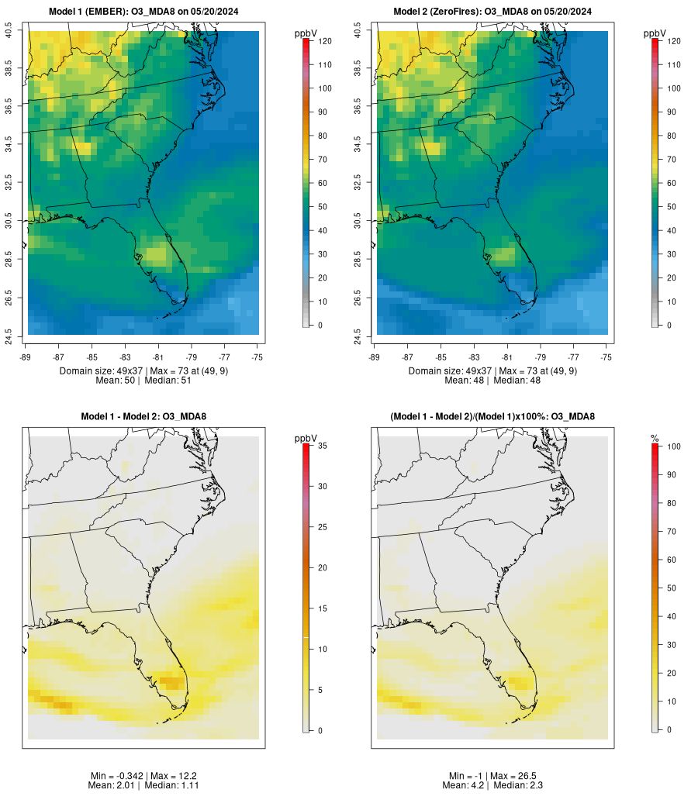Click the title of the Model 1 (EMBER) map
[x=143, y=12]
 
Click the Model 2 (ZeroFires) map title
[x=492, y=12]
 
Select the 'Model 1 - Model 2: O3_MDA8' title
[x=143, y=417]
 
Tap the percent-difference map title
[x=492, y=417]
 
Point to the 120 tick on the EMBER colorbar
[x=324, y=41]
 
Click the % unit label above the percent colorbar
[x=655, y=439]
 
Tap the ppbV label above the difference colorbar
[x=306, y=439]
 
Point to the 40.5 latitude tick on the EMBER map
[x=9, y=32]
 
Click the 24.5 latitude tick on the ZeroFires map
[x=358, y=336]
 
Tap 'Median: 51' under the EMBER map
[x=167, y=381]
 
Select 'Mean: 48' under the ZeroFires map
[x=467, y=381]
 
